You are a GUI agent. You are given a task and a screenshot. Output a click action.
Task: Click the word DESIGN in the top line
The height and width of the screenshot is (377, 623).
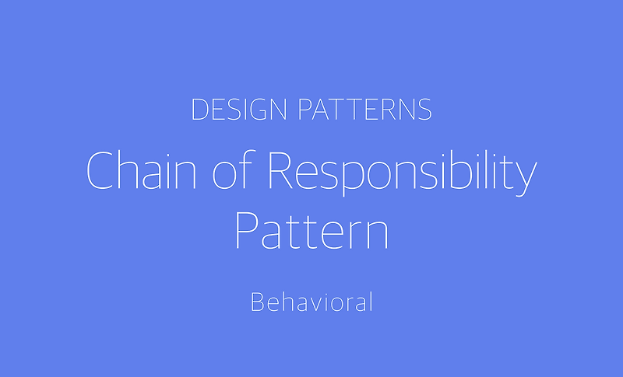[x=241, y=110]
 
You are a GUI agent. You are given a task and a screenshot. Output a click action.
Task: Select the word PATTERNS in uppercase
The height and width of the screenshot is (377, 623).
[x=365, y=110]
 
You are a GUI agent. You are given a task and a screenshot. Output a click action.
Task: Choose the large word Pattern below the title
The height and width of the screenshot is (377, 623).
[x=311, y=227]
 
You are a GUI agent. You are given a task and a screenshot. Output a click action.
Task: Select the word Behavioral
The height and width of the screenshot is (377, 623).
[x=311, y=302]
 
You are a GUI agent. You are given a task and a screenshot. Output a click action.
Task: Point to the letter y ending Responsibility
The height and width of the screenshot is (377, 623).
[x=528, y=177]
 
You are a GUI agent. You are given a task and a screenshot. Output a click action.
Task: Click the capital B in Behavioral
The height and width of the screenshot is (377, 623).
[x=256, y=302]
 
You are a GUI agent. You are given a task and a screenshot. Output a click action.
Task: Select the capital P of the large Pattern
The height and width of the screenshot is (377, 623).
[x=247, y=227]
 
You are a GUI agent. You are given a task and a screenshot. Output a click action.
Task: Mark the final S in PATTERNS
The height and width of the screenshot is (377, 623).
[x=424, y=110]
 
